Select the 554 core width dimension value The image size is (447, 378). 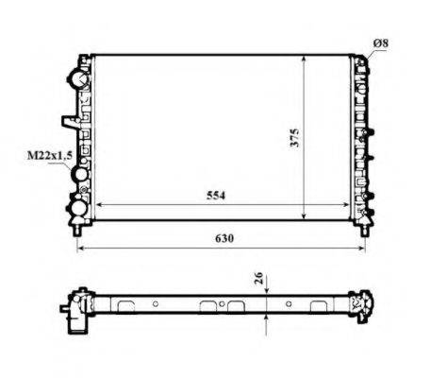[x=216, y=195]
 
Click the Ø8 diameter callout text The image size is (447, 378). [x=380, y=43]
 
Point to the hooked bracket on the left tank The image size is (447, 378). [x=68, y=121]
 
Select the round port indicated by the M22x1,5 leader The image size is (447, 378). [x=80, y=175]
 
